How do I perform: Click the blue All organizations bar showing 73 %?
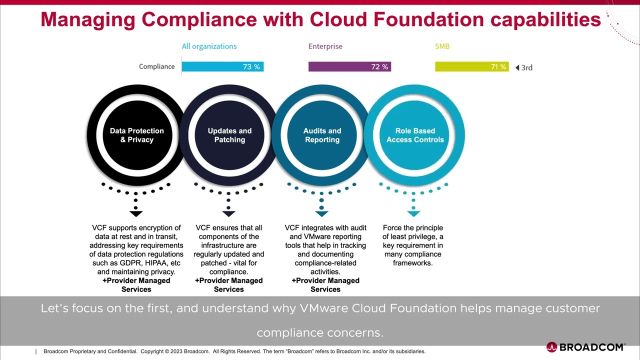[x=222, y=67]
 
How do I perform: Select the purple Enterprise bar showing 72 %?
[x=349, y=67]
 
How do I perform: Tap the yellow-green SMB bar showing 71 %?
[x=471, y=67]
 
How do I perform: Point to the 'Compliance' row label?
[x=156, y=66]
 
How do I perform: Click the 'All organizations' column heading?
[x=209, y=46]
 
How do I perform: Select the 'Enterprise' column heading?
[x=325, y=46]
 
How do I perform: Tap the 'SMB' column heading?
[x=442, y=46]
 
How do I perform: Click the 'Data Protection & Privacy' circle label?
[x=137, y=135]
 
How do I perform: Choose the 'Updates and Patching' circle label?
[x=229, y=135]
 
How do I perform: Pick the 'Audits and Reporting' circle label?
[x=322, y=135]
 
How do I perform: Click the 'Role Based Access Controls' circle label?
[x=415, y=135]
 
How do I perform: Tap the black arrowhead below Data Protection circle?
[x=136, y=213]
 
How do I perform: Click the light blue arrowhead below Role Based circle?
[x=413, y=213]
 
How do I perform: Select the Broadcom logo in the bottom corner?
[x=585, y=347]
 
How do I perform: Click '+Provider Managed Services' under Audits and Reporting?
[x=325, y=285]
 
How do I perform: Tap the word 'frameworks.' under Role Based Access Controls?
[x=412, y=263]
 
